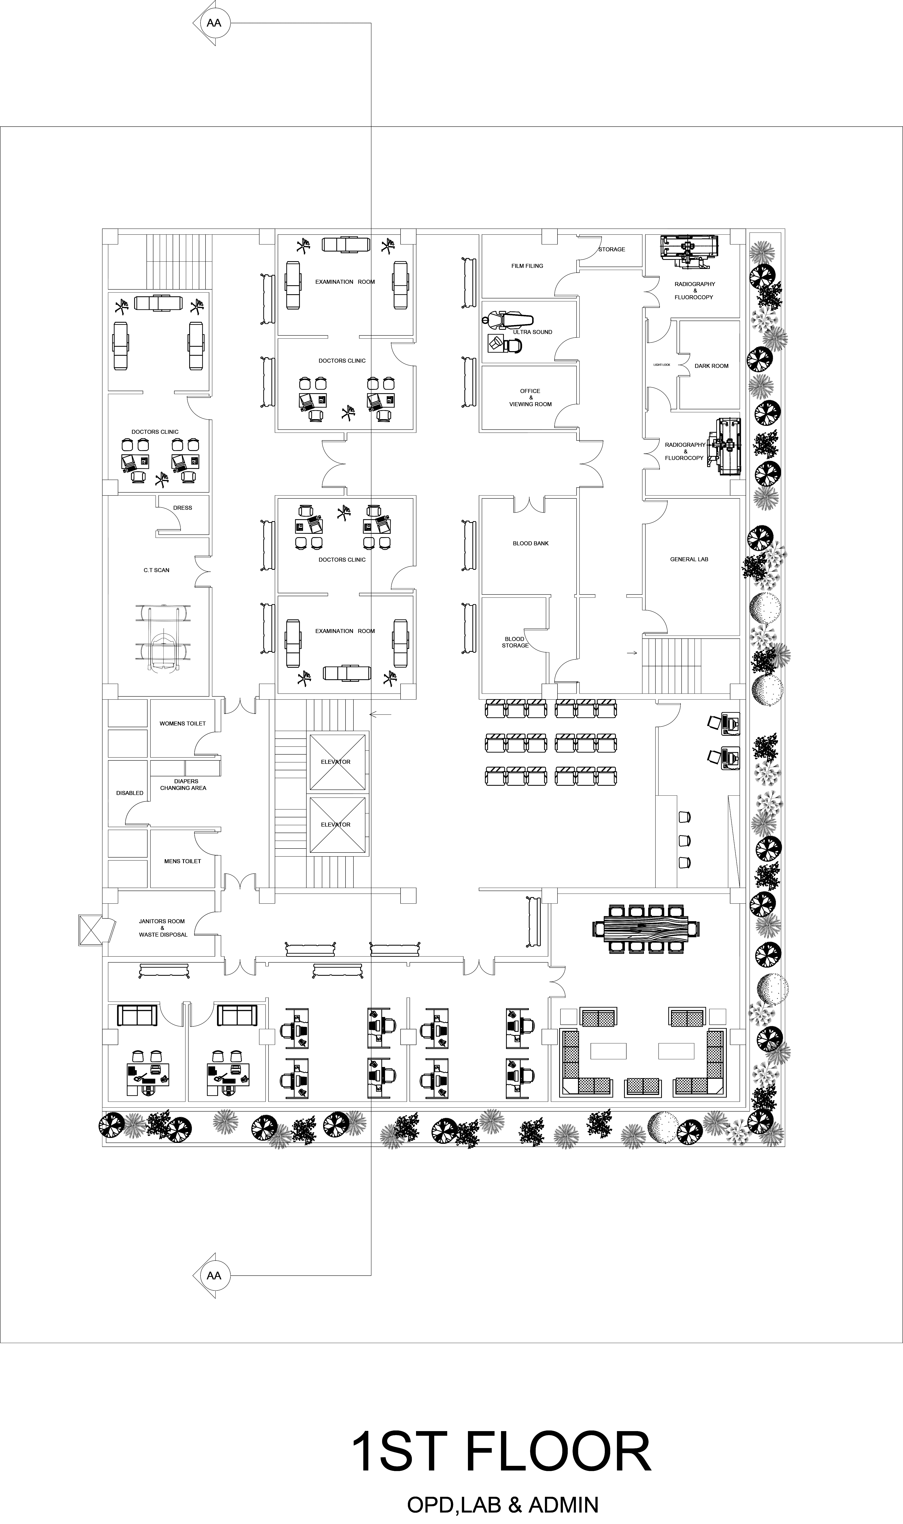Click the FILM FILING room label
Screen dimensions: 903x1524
[x=527, y=266]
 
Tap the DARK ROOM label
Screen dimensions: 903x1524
[x=711, y=366]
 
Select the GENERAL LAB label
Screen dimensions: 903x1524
[x=689, y=559]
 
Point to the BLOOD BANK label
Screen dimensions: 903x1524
[x=530, y=543]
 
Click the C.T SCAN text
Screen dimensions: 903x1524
[x=156, y=570]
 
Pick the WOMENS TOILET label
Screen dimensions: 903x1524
[x=182, y=723]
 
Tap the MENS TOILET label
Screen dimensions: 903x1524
[x=182, y=861]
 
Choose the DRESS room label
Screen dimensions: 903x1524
[x=182, y=507]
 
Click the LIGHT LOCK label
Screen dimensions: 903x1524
[x=662, y=365]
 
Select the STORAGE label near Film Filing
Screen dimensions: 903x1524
[x=611, y=249]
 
